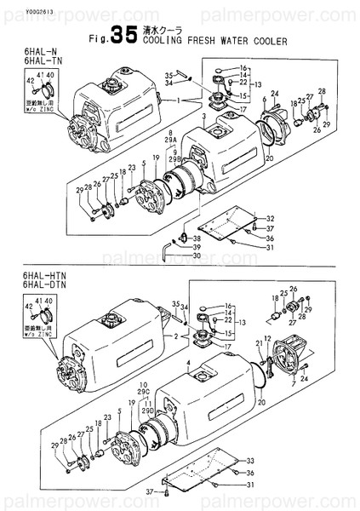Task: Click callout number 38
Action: pyautogui.click(x=197, y=238)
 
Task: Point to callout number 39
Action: pyautogui.click(x=197, y=246)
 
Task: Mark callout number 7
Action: pyautogui.click(x=293, y=383)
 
